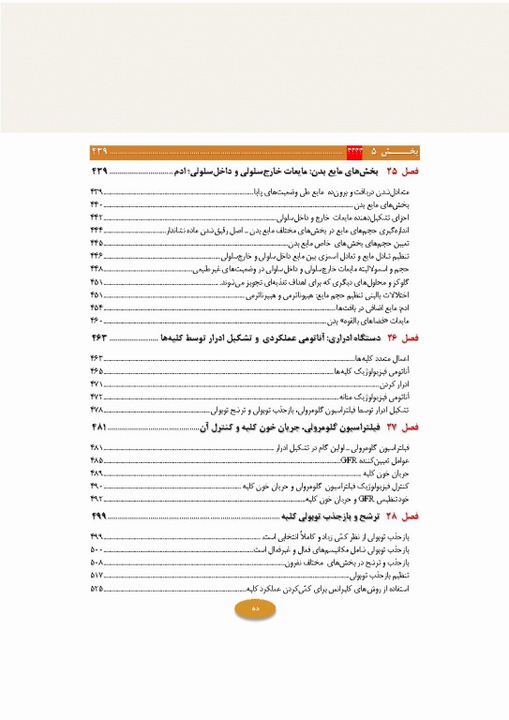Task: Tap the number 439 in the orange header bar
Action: coord(101,151)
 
